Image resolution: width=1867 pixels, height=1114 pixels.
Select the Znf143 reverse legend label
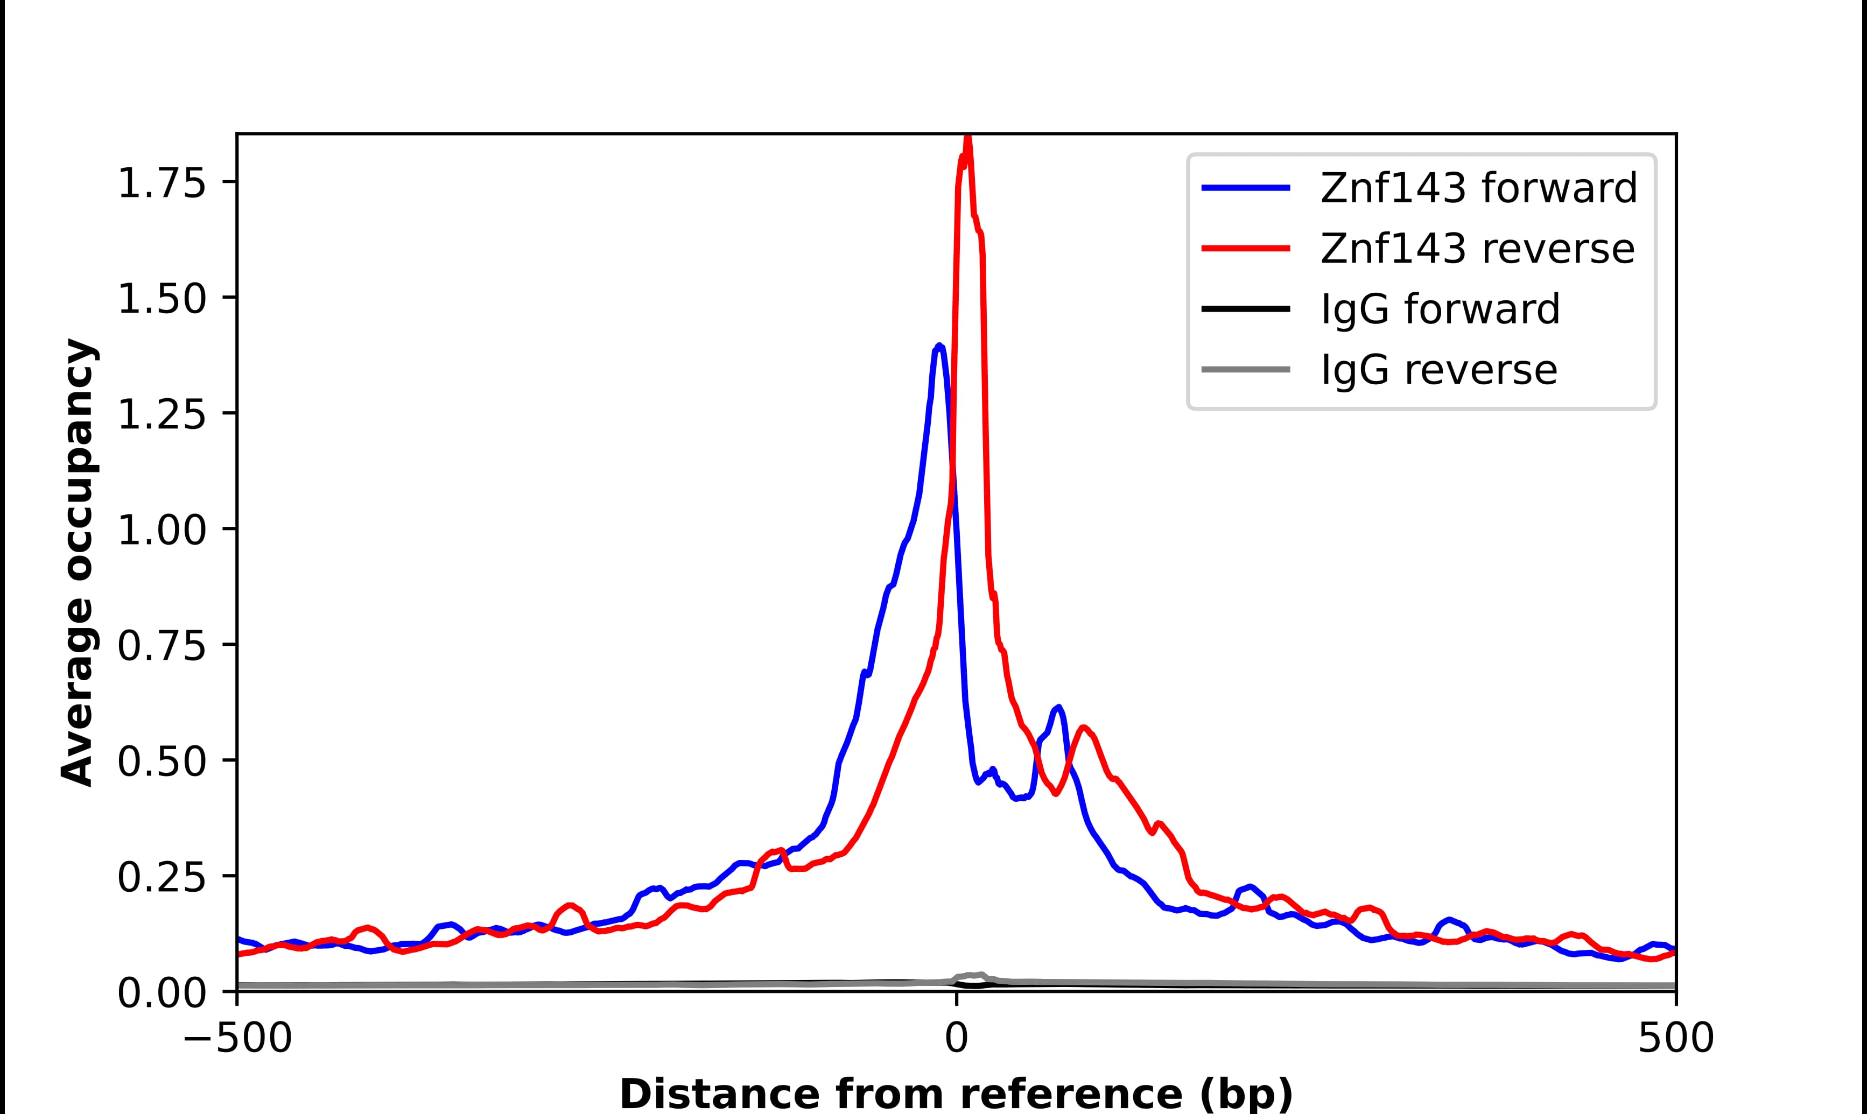[1477, 249]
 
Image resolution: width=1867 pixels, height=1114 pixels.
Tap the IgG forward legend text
[1440, 309]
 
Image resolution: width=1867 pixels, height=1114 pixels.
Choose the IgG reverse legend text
[1438, 370]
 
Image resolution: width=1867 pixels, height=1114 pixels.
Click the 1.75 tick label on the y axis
[162, 184]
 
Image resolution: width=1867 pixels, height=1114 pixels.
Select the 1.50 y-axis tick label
[162, 300]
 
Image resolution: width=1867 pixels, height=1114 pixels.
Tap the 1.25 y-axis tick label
[162, 415]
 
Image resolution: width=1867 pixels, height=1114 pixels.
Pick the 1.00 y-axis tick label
[162, 531]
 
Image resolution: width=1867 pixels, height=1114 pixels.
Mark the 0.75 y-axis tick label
[162, 646]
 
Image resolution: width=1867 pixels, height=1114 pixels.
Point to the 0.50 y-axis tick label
[162, 762]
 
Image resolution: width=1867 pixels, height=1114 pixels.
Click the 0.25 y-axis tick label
[162, 878]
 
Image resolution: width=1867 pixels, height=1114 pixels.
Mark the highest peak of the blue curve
[939, 346]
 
